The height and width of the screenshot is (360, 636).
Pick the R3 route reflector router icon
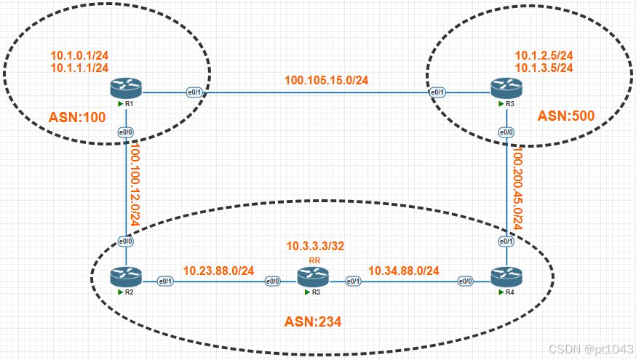tap(314, 277)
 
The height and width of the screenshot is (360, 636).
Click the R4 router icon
tap(506, 277)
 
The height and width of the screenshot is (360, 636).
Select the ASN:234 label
tap(312, 321)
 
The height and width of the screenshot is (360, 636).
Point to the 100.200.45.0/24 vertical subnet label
tap(518, 187)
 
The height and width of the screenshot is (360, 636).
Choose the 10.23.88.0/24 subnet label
tap(218, 271)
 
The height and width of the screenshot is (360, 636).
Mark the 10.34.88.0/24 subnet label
tap(403, 271)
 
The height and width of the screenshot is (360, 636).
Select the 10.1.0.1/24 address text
tap(79, 55)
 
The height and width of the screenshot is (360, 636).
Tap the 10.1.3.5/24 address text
tap(544, 68)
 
